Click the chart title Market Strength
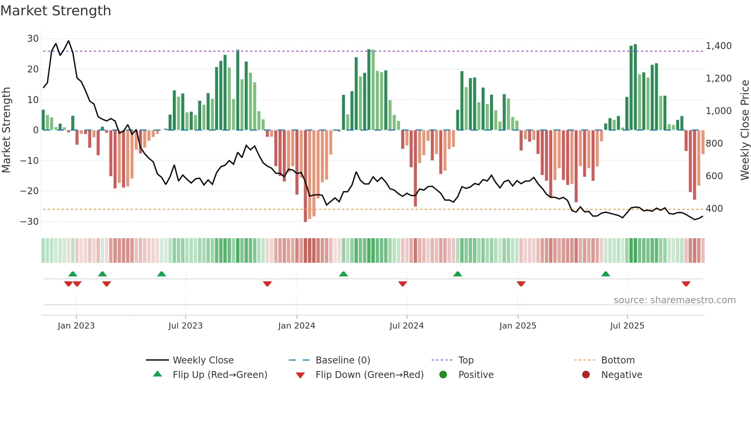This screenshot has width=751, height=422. pyautogui.click(x=56, y=11)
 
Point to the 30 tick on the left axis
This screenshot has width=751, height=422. pyautogui.click(x=33, y=39)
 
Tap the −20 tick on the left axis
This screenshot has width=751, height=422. pyautogui.click(x=30, y=191)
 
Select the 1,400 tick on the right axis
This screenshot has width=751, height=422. pyautogui.click(x=718, y=46)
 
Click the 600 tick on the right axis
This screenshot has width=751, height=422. pyautogui.click(x=714, y=176)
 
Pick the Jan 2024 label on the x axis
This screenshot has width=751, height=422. pyautogui.click(x=297, y=326)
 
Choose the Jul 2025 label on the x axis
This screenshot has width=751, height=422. pyautogui.click(x=627, y=326)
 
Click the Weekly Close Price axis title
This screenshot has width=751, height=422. pyautogui.click(x=744, y=130)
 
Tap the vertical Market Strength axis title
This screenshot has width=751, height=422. pyautogui.click(x=7, y=130)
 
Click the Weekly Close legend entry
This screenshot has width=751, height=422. pyautogui.click(x=203, y=360)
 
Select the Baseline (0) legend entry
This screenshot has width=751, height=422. pyautogui.click(x=343, y=360)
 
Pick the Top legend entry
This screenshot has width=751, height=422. pyautogui.click(x=466, y=360)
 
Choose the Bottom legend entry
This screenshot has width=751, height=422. pyautogui.click(x=618, y=360)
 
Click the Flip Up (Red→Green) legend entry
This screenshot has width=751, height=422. pyautogui.click(x=220, y=375)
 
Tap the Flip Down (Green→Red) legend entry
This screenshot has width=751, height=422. pyautogui.click(x=369, y=375)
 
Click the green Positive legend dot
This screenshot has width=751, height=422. pyautogui.click(x=443, y=375)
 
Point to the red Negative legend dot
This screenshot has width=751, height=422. pyautogui.click(x=585, y=375)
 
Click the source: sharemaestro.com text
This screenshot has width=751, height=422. pyautogui.click(x=674, y=300)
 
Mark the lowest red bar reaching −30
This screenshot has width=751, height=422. pyautogui.click(x=305, y=176)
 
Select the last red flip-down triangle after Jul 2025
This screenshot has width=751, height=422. pyautogui.click(x=686, y=284)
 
